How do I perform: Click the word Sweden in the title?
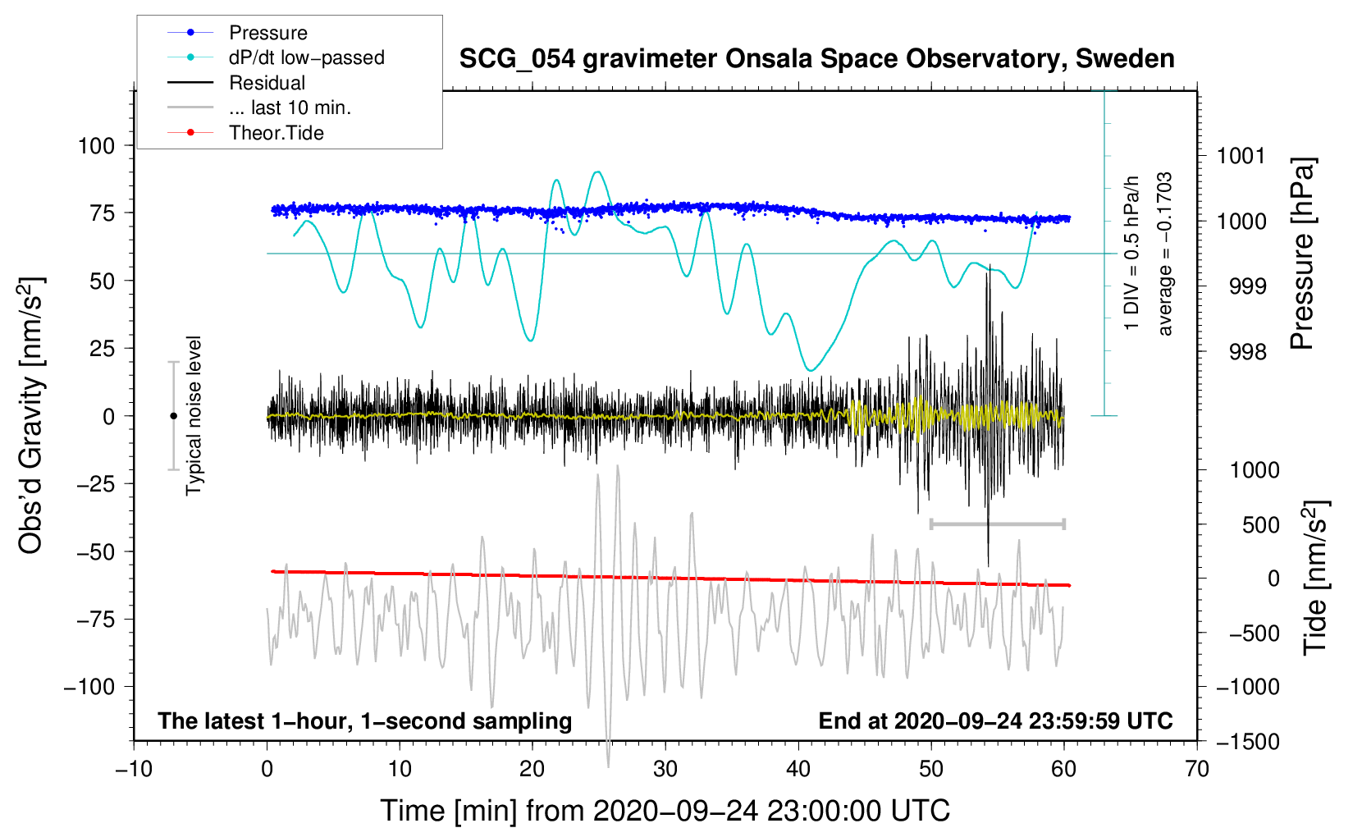[x=1125, y=58]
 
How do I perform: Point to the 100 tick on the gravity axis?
[x=97, y=146]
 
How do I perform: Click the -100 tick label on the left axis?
[x=89, y=687]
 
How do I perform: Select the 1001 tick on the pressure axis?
[x=1241, y=156]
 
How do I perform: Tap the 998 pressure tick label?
[x=1248, y=351]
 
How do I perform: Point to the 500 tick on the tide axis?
[x=1260, y=525]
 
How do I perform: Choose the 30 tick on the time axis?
[x=665, y=769]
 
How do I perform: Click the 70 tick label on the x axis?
[x=1196, y=769]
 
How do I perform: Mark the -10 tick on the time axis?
[x=134, y=769]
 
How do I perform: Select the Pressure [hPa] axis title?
[x=1302, y=254]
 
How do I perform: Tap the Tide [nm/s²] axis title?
[x=1316, y=578]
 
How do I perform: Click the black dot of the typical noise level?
[x=173, y=416]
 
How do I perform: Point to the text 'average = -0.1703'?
[x=1164, y=254]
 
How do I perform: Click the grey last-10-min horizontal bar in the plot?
[x=997, y=524]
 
